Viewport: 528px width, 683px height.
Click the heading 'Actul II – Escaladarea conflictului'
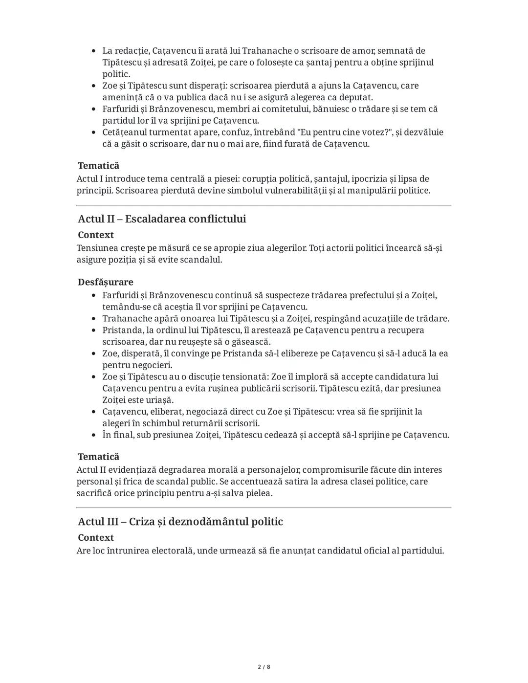point(162,219)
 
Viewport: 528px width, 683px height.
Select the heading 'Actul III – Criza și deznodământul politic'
point(180,522)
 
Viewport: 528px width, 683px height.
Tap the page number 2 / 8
point(264,667)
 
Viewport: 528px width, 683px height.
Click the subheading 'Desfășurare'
point(105,282)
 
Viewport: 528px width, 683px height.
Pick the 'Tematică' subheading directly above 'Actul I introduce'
point(98,166)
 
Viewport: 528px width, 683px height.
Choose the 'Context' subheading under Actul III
point(96,538)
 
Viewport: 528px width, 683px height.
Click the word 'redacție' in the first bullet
point(131,51)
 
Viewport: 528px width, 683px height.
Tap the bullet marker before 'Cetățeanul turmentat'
point(93,132)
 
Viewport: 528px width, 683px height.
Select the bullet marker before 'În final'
point(93,435)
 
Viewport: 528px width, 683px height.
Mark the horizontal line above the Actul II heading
point(264,205)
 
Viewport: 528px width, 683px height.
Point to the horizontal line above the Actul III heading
point(264,507)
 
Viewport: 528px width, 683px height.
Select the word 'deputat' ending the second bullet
point(356,97)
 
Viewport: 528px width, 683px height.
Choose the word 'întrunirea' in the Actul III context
point(128,551)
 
